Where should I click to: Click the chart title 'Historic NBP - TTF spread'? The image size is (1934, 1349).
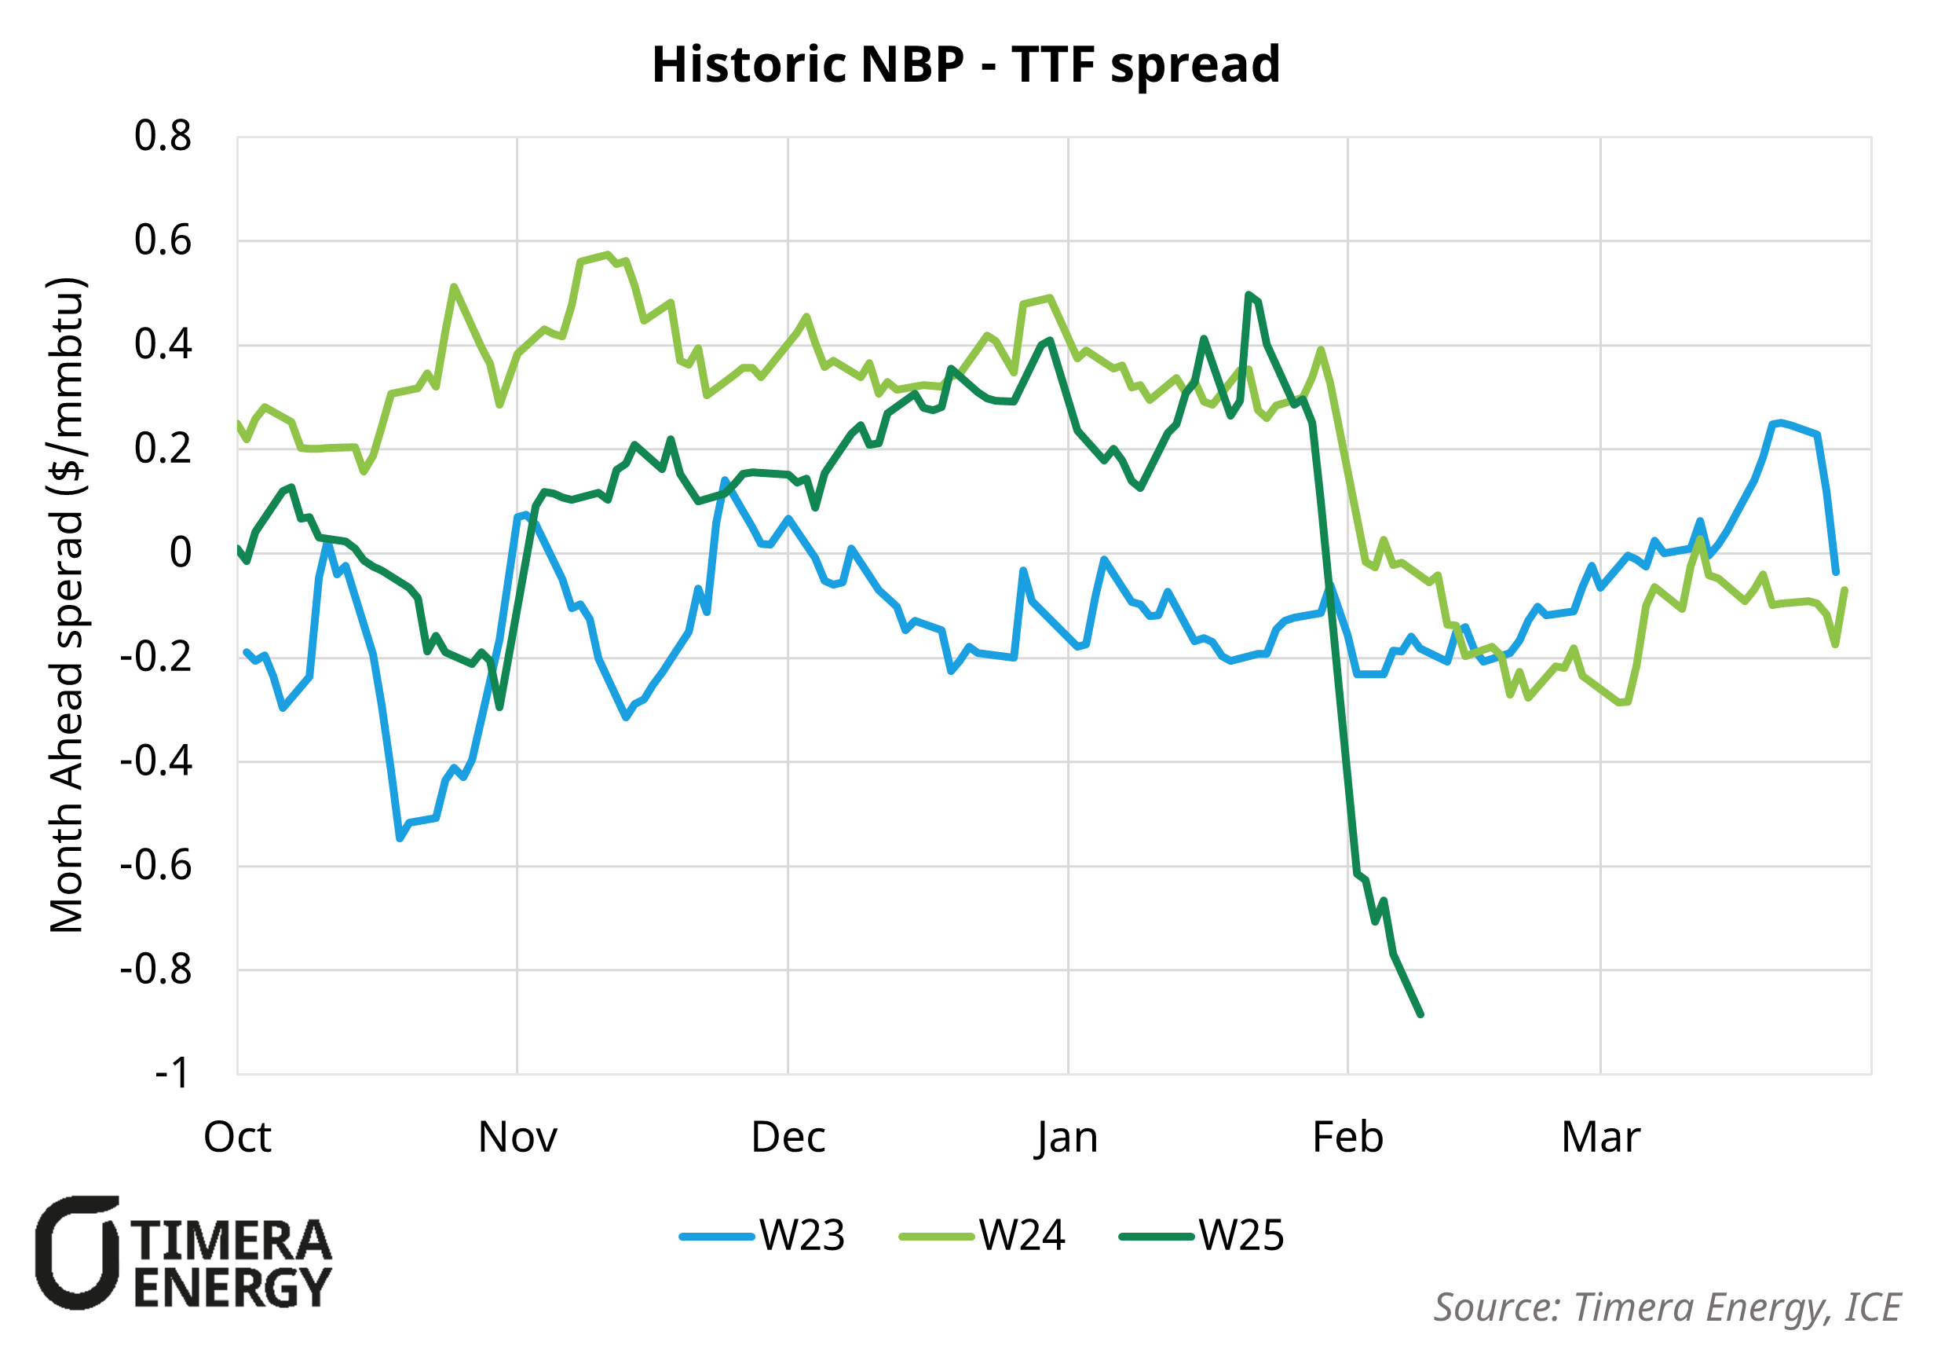point(965,65)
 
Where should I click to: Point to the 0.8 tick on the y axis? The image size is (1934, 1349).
point(163,137)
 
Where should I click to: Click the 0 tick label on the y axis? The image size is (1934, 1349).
point(181,554)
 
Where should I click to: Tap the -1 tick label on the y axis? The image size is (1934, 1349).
point(173,1073)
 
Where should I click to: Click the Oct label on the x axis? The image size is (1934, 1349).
point(238,1138)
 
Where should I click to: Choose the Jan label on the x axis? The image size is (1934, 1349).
point(1067,1138)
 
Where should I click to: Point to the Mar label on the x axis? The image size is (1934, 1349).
point(1600,1138)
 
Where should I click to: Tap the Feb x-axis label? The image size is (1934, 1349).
point(1347,1138)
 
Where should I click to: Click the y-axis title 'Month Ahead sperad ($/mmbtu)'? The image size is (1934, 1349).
point(68,604)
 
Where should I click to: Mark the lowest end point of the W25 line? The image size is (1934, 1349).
point(1421,1014)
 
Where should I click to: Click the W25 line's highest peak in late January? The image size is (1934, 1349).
point(1248,295)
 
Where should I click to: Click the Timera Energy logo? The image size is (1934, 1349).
point(184,1253)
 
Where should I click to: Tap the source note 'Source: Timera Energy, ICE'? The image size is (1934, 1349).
point(1667,1307)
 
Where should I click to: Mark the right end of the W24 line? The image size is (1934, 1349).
point(1844,590)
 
